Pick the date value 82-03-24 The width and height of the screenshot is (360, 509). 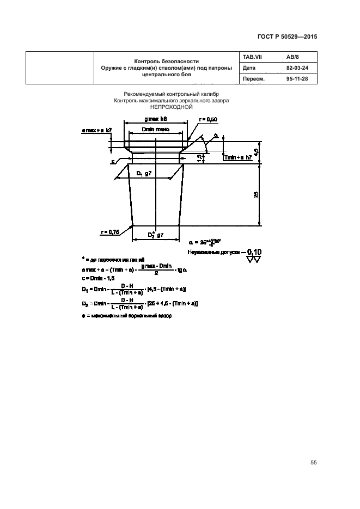click(297, 69)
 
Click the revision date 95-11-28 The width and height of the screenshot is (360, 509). click(297, 79)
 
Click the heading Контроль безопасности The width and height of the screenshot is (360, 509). click(167, 61)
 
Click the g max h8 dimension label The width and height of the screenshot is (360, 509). click(156, 119)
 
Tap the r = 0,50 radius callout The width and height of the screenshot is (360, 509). click(209, 119)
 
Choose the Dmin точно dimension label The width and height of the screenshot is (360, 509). click(155, 130)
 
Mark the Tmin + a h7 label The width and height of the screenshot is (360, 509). click(237, 157)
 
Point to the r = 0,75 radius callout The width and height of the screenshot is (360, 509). click(111, 232)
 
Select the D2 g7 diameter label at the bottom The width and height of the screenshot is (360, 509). click(156, 235)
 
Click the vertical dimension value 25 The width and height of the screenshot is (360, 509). click(255, 194)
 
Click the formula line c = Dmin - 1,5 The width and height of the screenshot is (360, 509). click(97, 279)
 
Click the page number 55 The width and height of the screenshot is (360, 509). click(313, 462)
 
